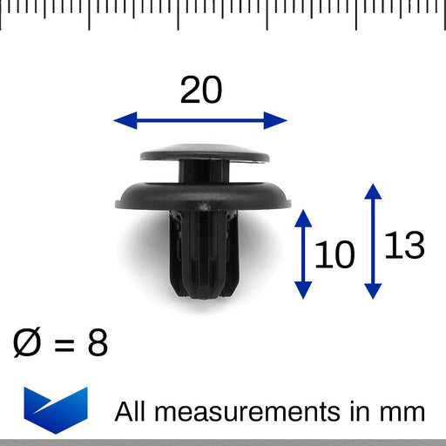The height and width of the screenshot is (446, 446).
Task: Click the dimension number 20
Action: pyautogui.click(x=201, y=90)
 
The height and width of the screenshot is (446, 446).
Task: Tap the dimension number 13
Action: pyautogui.click(x=403, y=247)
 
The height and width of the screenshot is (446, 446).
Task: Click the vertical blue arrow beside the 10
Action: pyautogui.click(x=303, y=253)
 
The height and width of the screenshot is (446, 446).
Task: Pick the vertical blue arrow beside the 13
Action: pyautogui.click(x=372, y=241)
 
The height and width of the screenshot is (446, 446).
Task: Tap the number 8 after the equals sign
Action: pyautogui.click(x=98, y=343)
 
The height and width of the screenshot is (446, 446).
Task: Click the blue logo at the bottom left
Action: pyautogui.click(x=57, y=406)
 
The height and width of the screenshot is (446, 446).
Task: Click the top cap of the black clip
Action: pyautogui.click(x=204, y=155)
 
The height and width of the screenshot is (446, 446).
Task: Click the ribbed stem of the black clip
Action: pyautogui.click(x=202, y=253)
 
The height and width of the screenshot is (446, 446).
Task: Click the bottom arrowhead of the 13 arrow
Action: pyautogui.click(x=372, y=292)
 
